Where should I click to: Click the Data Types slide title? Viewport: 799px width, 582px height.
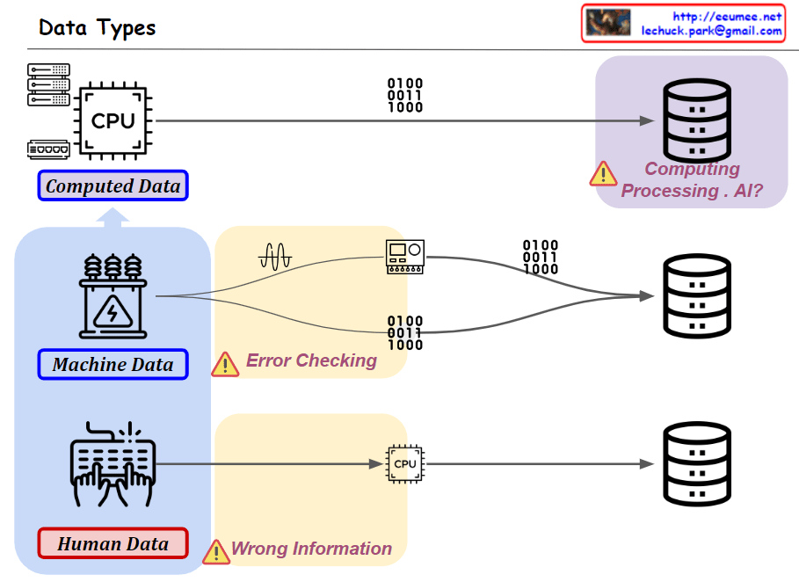(98, 27)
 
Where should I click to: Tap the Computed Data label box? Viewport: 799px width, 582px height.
(113, 186)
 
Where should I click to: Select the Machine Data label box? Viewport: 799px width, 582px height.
(113, 364)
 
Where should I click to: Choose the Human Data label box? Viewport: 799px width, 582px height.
(113, 543)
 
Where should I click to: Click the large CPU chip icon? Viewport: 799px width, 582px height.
(113, 120)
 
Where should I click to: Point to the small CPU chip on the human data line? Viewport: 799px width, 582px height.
(405, 463)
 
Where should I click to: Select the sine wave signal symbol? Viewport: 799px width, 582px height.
(274, 256)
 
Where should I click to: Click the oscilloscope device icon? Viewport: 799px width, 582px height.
(405, 257)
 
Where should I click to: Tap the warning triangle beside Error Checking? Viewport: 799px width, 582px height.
(226, 363)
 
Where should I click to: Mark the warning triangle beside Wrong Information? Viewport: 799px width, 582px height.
(216, 551)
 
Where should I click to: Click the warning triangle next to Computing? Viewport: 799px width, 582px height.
(603, 173)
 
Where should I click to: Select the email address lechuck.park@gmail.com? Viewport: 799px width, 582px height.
(711, 31)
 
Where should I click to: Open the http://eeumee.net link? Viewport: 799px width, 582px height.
(726, 16)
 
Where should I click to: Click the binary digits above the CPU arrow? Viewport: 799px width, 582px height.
(405, 96)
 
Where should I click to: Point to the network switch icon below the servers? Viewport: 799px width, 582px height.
(48, 149)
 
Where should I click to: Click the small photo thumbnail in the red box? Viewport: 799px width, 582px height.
(609, 23)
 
